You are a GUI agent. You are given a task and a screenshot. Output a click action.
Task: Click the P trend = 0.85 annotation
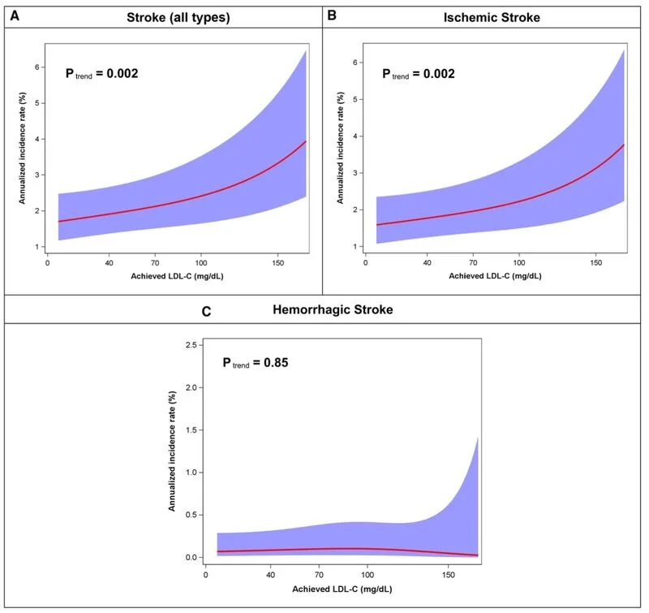coord(255,362)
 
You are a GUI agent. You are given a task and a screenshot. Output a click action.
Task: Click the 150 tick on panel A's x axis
coord(278,262)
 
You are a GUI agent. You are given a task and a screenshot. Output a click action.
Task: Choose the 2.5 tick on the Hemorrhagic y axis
coord(191,346)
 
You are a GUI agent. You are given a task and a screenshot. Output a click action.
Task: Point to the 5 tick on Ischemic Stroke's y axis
coord(355,99)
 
